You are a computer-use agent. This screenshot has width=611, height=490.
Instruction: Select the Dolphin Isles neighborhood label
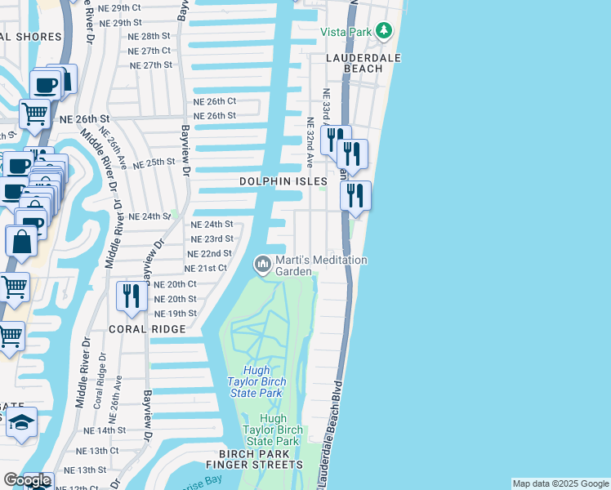283,180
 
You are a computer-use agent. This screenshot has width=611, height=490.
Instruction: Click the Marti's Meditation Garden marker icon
263,264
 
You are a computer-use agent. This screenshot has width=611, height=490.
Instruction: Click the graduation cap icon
22,422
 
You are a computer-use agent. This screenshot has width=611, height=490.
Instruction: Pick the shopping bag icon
20,241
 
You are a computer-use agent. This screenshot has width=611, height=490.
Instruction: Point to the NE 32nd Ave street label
310,143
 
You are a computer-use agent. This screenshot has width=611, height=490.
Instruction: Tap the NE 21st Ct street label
206,269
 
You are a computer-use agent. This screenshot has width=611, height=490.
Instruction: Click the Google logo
27,480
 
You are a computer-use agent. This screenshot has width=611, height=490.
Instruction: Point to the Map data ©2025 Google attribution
560,483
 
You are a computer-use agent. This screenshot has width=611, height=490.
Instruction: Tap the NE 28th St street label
149,37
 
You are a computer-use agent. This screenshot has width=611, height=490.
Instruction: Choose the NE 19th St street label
176,314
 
